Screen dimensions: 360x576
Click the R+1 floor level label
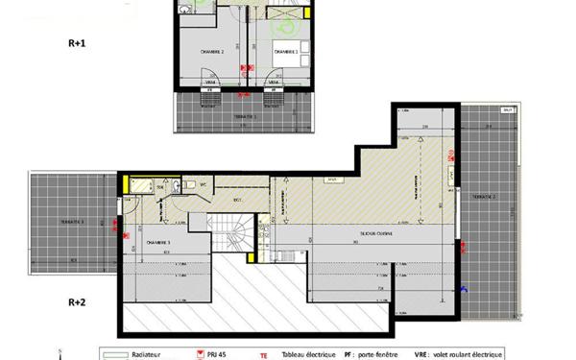(x=76, y=42)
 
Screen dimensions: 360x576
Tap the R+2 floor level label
(x=77, y=302)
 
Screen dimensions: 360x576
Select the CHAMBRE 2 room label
(x=212, y=52)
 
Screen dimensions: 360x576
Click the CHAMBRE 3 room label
(x=158, y=243)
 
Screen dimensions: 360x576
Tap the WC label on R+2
(x=204, y=184)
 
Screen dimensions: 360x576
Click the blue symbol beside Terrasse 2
(x=465, y=289)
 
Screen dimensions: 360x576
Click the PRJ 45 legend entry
(x=218, y=352)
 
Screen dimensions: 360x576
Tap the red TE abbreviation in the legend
(x=263, y=353)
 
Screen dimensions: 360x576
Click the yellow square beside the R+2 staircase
(x=253, y=257)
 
